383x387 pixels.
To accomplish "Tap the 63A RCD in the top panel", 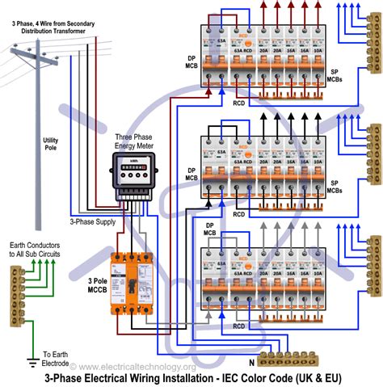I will click(240, 62).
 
